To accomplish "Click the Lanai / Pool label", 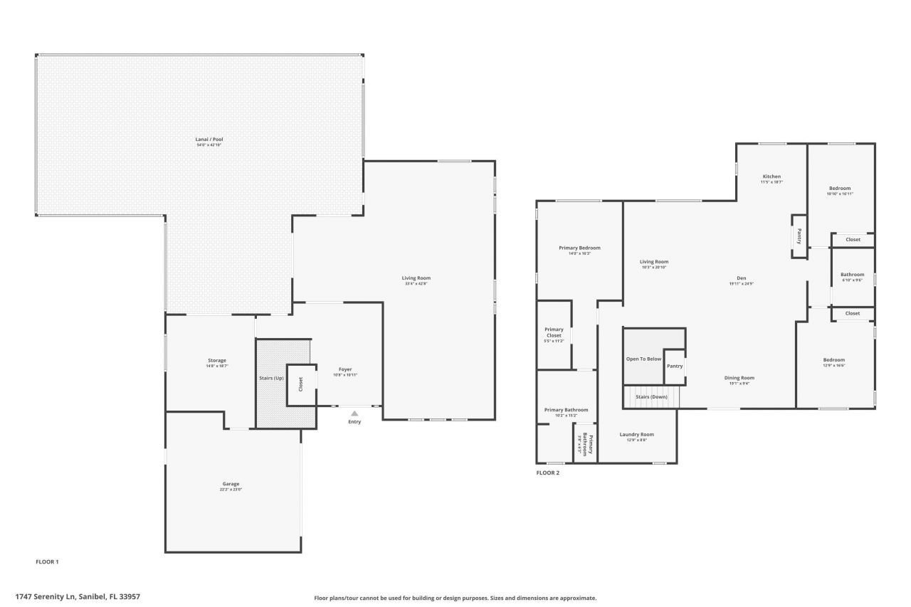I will (x=210, y=139).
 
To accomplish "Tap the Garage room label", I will (x=230, y=484).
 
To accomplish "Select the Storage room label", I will (x=216, y=361).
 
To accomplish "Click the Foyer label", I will (x=345, y=369).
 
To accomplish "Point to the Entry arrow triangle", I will (x=354, y=413).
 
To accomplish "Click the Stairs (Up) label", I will (x=271, y=378).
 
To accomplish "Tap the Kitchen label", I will (x=772, y=176).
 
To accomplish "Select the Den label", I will (x=741, y=278).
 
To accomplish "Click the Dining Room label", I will (x=739, y=378).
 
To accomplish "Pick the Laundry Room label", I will (x=636, y=434).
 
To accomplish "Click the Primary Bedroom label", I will (x=579, y=248).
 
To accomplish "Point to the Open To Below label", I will (x=643, y=359).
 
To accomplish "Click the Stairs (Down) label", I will (x=651, y=396).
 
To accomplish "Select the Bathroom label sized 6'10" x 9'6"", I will (x=852, y=275).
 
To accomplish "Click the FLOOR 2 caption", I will (x=547, y=473).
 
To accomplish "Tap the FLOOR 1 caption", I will (x=47, y=561).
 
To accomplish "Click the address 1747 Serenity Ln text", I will (x=78, y=596).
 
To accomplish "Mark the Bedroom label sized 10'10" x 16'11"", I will (x=840, y=189).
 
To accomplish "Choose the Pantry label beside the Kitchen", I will (x=799, y=236).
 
